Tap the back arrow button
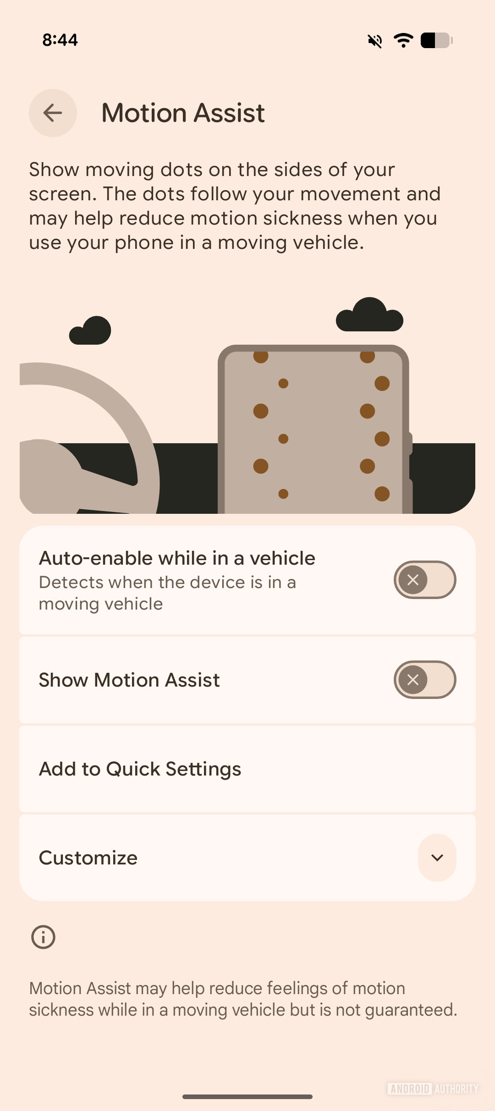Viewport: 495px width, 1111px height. (x=53, y=113)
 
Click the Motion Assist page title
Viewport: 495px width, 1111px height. (x=183, y=113)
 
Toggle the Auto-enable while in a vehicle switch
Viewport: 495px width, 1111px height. (x=424, y=580)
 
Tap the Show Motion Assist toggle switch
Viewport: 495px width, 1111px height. (x=424, y=680)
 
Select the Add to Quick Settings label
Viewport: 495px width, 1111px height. (x=140, y=769)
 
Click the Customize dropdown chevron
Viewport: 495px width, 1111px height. (x=437, y=858)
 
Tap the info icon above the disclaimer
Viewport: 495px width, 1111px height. (x=43, y=937)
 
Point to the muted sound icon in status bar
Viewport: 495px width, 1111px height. (x=375, y=41)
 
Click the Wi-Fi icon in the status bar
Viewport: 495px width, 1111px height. (x=403, y=40)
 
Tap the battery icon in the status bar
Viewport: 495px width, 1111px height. (x=436, y=40)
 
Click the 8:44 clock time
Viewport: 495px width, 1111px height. (x=60, y=40)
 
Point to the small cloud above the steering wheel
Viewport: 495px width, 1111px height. (x=91, y=330)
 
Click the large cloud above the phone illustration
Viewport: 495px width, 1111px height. (x=369, y=315)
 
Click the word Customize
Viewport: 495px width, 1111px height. (x=88, y=858)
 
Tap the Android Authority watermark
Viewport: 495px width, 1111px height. (x=433, y=1089)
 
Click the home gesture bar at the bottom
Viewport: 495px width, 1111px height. (x=247, y=1097)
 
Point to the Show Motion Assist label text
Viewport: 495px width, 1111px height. (x=129, y=680)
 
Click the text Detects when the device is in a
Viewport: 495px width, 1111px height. (x=167, y=582)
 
